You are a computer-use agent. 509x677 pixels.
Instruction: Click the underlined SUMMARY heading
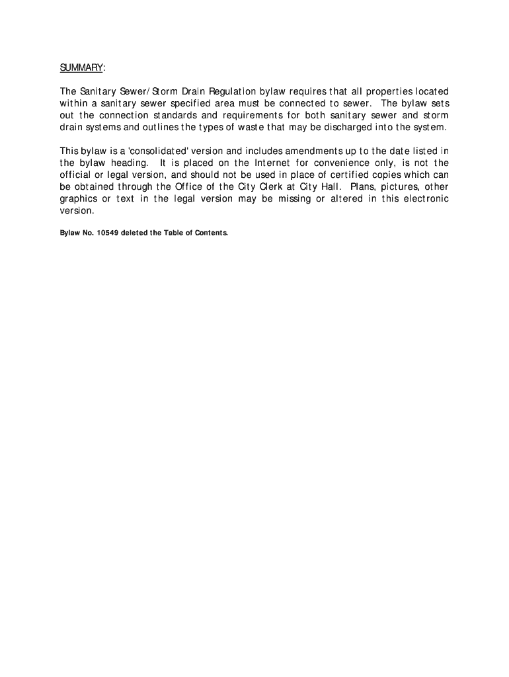pyautogui.click(x=81, y=68)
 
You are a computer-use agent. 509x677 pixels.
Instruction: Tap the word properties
pyautogui.click(x=379, y=91)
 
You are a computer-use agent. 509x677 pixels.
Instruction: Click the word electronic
pyautogui.click(x=422, y=199)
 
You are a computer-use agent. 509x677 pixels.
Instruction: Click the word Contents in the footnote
pyautogui.click(x=210, y=233)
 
